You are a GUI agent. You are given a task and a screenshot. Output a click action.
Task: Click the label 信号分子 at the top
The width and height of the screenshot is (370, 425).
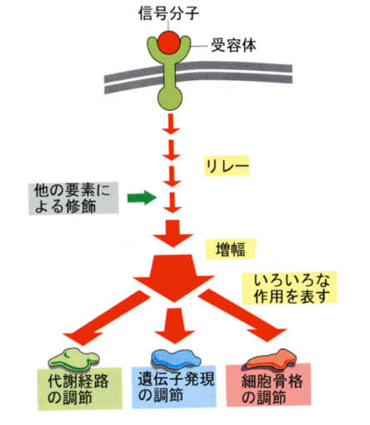(168, 13)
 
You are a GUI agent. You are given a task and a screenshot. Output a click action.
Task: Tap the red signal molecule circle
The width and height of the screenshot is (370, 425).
(168, 43)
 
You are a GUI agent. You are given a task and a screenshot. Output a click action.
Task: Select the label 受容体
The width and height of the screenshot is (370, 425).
(233, 45)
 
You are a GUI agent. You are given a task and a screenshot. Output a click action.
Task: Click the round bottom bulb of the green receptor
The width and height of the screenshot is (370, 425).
(170, 99)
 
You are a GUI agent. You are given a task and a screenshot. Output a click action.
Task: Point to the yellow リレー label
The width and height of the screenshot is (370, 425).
(227, 166)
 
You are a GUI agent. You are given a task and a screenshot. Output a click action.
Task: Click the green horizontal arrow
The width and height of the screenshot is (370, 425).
(142, 198)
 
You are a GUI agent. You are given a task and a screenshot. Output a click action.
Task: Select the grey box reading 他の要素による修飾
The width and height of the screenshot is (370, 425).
(73, 198)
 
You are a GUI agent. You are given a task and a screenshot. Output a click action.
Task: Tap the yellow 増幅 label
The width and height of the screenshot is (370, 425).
(230, 249)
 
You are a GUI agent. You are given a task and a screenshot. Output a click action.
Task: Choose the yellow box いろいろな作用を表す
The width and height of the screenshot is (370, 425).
(289, 288)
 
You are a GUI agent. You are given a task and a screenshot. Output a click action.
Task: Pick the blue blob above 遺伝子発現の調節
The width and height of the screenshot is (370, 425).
(176, 358)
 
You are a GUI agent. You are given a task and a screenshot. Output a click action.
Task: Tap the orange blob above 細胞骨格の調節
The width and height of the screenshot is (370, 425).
(271, 359)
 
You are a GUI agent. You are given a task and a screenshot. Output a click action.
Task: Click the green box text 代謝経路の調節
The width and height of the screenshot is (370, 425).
(78, 389)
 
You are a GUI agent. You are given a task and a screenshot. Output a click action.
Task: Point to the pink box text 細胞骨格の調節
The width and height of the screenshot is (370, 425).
(272, 389)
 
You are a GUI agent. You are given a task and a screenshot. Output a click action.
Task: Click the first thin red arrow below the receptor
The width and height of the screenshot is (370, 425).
(171, 124)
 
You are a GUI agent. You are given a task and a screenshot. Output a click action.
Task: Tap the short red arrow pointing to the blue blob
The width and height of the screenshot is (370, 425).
(175, 326)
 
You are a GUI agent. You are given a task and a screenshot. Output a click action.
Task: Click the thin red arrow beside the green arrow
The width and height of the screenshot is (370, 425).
(172, 203)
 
